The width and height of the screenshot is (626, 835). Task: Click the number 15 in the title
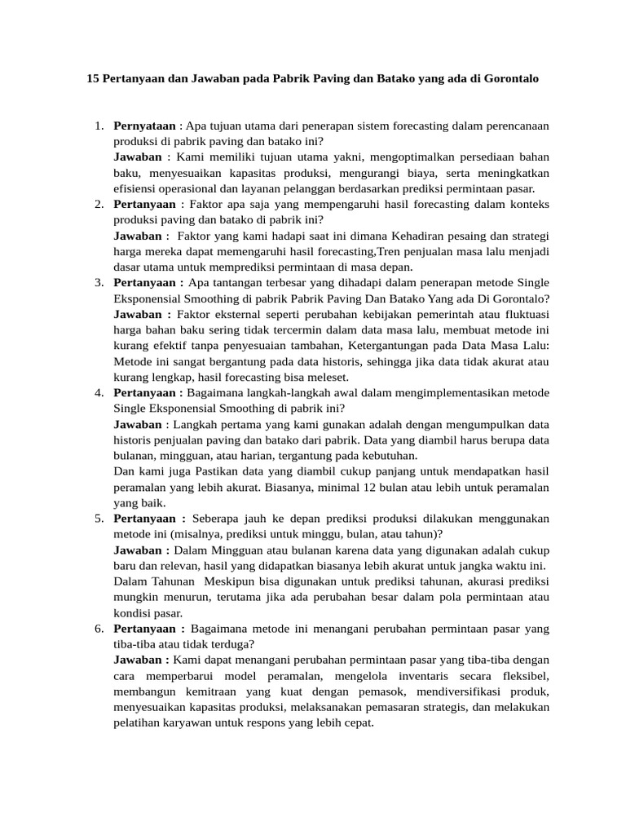pyautogui.click(x=93, y=80)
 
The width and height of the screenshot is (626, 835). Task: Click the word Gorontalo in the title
pyautogui.click(x=511, y=80)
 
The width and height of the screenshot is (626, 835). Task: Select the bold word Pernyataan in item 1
pyautogui.click(x=144, y=126)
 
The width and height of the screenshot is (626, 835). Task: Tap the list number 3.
pyautogui.click(x=98, y=282)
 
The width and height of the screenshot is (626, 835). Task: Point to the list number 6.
pyautogui.click(x=98, y=629)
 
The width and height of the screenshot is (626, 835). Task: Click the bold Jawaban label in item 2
pyautogui.click(x=138, y=236)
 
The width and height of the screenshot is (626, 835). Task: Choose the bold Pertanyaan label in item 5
pyautogui.click(x=149, y=519)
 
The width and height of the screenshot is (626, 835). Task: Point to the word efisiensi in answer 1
pyautogui.click(x=135, y=188)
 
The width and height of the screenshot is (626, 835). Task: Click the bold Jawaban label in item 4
pyautogui.click(x=138, y=425)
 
